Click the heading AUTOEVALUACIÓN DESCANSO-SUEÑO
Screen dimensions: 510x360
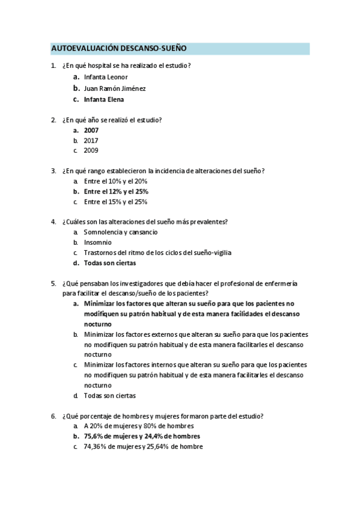click(x=119, y=48)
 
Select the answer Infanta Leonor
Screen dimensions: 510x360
click(x=106, y=78)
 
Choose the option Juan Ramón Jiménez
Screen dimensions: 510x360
click(x=115, y=88)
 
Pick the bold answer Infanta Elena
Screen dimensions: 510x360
click(x=104, y=99)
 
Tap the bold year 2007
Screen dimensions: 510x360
click(x=91, y=130)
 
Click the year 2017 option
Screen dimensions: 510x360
click(x=91, y=140)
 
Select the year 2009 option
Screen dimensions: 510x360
click(x=91, y=150)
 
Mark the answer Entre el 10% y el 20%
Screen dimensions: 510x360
click(x=116, y=181)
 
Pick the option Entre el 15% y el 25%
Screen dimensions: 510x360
click(x=116, y=201)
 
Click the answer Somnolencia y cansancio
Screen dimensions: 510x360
click(x=121, y=232)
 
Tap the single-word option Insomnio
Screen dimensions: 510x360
click(x=97, y=242)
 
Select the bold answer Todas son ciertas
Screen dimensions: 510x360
click(x=110, y=263)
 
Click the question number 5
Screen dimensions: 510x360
click(x=53, y=283)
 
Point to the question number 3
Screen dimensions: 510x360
click(x=53, y=171)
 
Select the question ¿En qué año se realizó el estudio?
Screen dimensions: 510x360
click(x=112, y=120)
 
